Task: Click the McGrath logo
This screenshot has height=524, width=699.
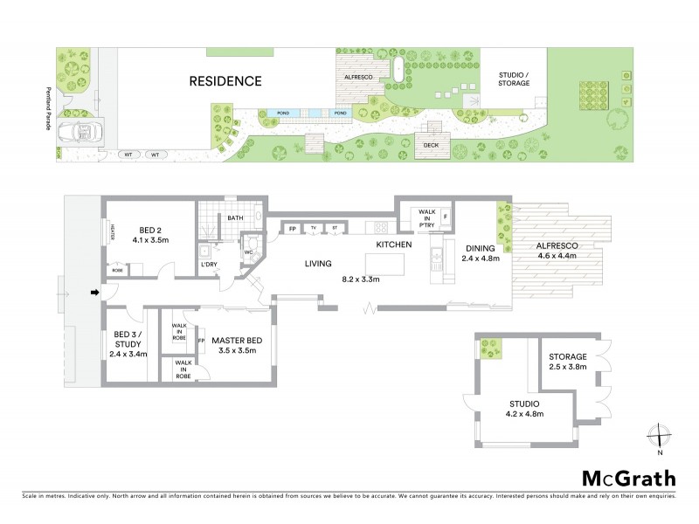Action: point(628,478)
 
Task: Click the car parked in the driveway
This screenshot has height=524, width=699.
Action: point(80,134)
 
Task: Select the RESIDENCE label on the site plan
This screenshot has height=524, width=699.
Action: point(225,81)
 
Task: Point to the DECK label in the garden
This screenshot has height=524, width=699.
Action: point(431,146)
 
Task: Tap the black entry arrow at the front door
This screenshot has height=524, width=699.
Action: point(94,293)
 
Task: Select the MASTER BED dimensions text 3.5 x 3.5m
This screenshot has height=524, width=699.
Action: point(238,350)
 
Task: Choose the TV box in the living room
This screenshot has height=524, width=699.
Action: point(313,230)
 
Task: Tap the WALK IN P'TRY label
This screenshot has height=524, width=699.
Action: point(427,217)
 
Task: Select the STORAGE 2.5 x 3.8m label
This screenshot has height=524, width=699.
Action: point(568,362)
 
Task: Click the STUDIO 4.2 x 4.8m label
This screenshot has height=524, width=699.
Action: point(524,408)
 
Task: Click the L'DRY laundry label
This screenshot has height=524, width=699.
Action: point(209,264)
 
